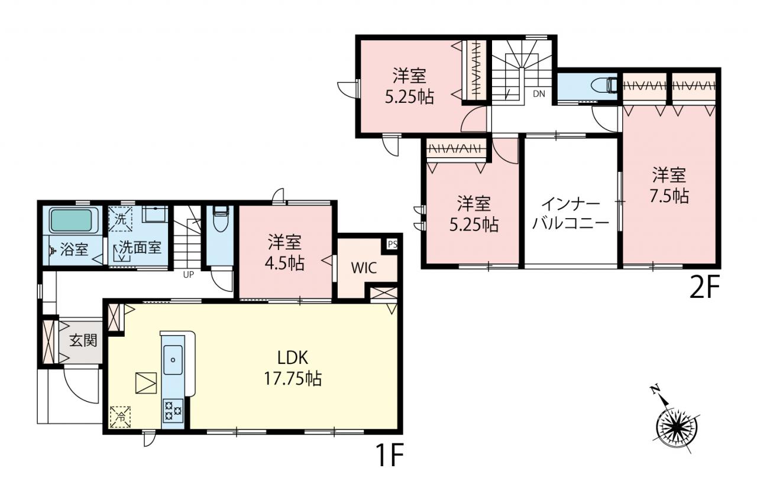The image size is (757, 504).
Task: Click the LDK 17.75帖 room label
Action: [x=293, y=368]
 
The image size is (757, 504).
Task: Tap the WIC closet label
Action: [x=364, y=268]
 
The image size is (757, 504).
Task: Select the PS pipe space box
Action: [x=392, y=244]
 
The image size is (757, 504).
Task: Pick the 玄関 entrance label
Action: [x=83, y=340]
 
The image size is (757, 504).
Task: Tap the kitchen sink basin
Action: [x=173, y=360]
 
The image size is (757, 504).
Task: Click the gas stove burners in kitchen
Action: [x=173, y=411]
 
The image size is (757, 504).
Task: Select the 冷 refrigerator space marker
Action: [x=120, y=417]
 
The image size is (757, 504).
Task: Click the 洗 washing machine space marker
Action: [x=120, y=219]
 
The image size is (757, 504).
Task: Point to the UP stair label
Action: [x=188, y=275]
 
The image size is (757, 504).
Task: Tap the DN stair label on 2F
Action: [x=539, y=94]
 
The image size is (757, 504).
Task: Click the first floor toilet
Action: [x=221, y=219]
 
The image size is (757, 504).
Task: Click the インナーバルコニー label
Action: [x=571, y=214]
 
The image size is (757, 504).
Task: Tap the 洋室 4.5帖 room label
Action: [x=284, y=252]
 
